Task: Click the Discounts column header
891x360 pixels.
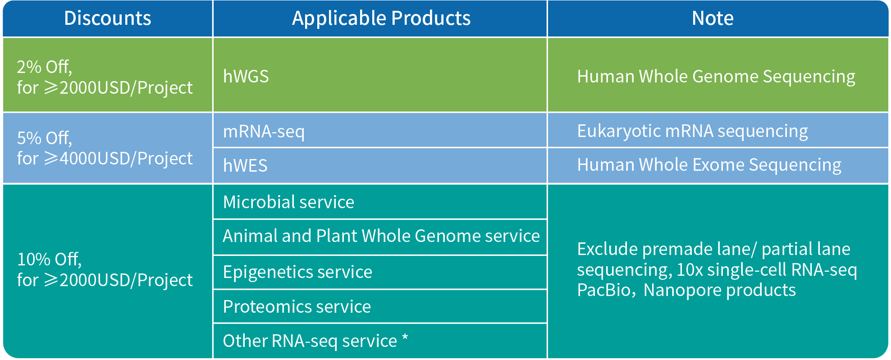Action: point(107,18)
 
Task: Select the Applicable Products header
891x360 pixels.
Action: point(381,18)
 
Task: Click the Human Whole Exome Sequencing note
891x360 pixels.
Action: point(709,165)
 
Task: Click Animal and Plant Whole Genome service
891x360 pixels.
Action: point(381,236)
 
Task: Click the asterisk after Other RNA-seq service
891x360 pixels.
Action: point(405,337)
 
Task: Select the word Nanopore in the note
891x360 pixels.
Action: point(683,290)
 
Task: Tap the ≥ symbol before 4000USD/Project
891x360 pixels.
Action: point(51,159)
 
